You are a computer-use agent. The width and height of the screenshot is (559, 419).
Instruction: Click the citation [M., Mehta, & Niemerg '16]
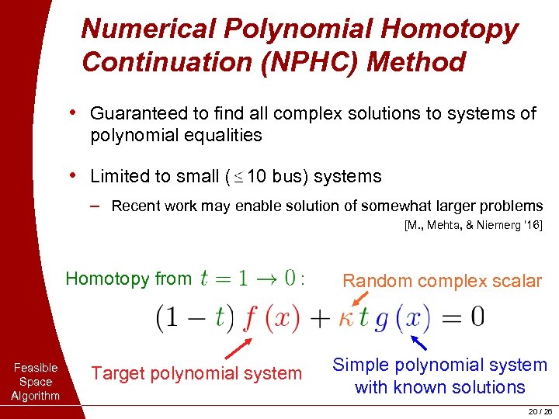pyautogui.click(x=473, y=226)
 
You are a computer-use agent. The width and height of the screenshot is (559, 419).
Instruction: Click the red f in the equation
pyautogui.click(x=249, y=317)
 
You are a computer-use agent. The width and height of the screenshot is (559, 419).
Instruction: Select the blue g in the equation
pyautogui.click(x=381, y=318)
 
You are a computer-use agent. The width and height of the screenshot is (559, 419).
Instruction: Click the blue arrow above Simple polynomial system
pyautogui.click(x=418, y=342)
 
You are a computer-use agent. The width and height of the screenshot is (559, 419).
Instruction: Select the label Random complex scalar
pyautogui.click(x=442, y=281)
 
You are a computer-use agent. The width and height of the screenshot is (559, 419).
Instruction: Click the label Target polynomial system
pyautogui.click(x=196, y=373)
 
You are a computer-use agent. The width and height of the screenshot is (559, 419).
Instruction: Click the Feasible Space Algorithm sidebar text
pyautogui.click(x=35, y=382)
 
